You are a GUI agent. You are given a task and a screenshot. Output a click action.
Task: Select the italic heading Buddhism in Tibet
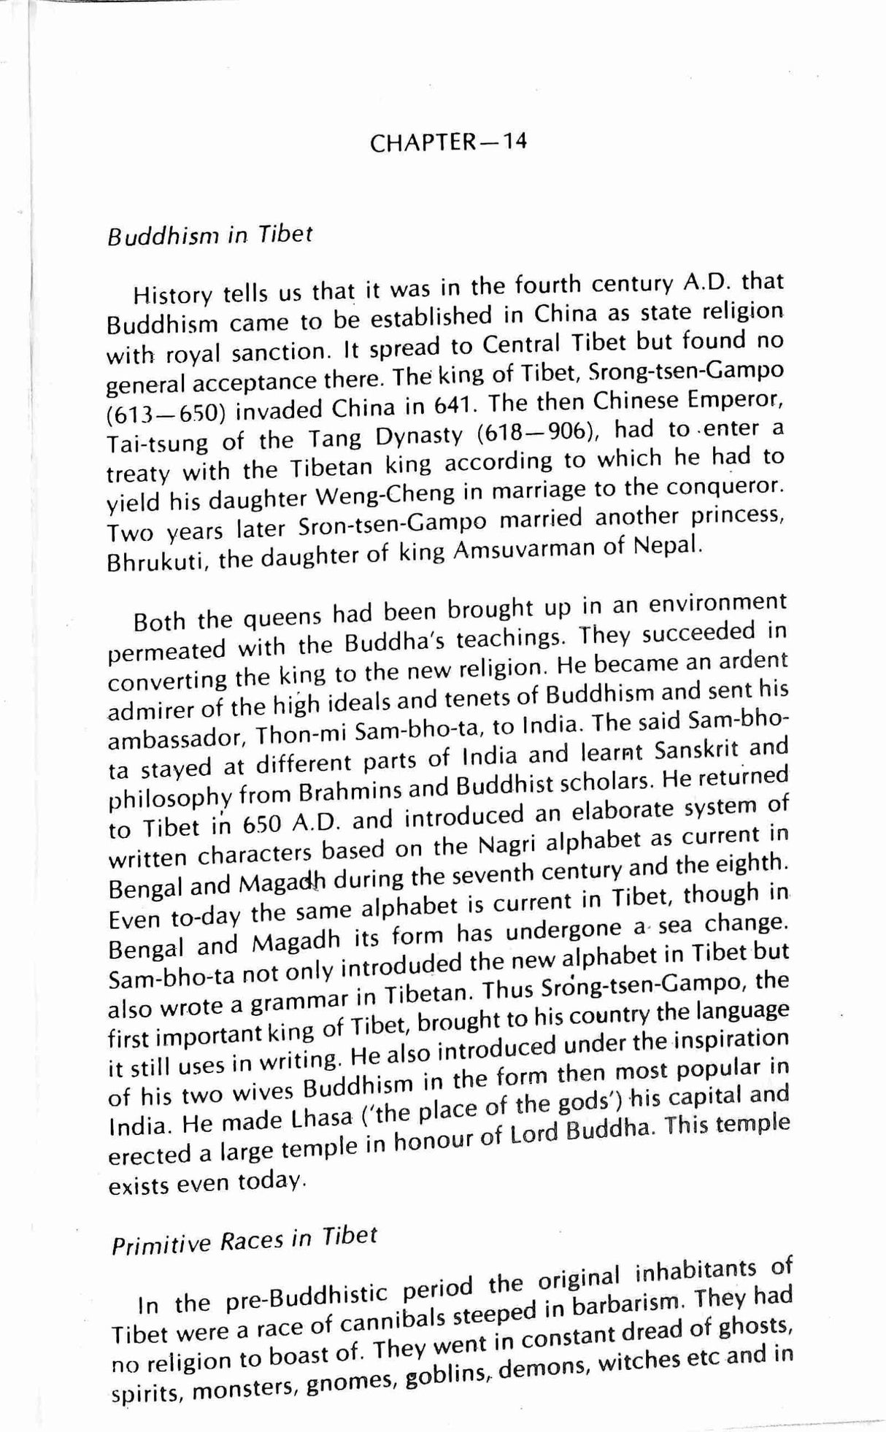point(210,236)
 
